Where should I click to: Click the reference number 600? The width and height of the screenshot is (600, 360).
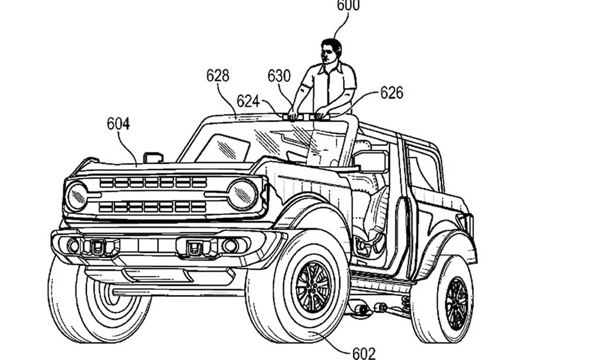[348, 5]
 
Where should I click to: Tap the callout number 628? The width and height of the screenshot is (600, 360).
[218, 76]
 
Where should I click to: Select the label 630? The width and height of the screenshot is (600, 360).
[279, 76]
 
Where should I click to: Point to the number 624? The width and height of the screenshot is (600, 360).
[248, 101]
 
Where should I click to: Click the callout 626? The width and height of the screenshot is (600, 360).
[392, 93]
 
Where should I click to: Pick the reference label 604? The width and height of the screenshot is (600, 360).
[118, 124]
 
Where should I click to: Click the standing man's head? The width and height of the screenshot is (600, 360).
[331, 50]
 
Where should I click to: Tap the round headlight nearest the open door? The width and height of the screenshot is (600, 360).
[242, 194]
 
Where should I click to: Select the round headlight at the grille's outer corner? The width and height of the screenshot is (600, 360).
[77, 196]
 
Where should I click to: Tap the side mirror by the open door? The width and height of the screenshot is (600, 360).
[370, 162]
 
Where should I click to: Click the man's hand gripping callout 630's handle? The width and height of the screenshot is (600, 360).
[293, 115]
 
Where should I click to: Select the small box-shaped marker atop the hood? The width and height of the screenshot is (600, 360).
[153, 157]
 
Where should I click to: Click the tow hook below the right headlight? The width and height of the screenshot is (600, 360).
[194, 248]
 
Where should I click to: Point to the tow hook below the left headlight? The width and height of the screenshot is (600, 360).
[98, 247]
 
